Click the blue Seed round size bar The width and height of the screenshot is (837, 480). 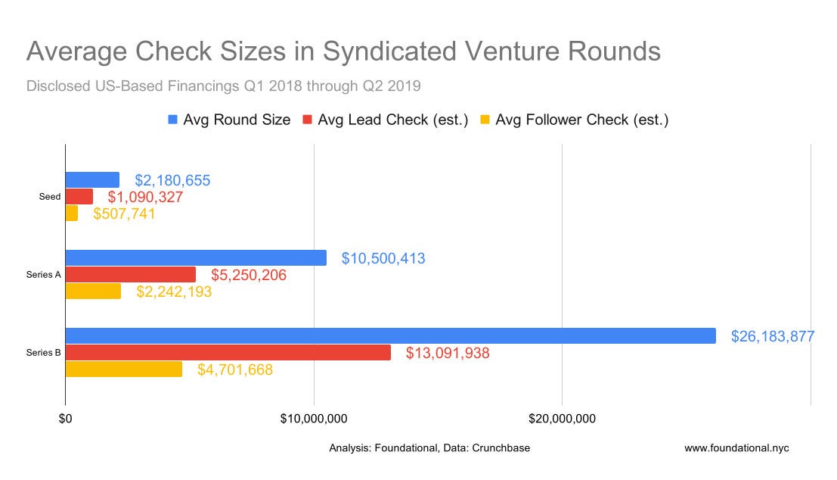(92, 179)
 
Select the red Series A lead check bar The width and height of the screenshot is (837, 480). (130, 275)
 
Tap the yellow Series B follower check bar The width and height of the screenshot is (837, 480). (123, 369)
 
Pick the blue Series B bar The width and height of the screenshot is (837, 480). (390, 335)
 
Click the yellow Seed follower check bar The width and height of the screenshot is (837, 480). (72, 214)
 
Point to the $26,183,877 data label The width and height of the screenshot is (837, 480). (772, 336)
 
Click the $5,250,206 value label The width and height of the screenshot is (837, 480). (248, 275)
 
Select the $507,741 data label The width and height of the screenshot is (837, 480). (124, 214)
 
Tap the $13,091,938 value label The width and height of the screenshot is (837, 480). (448, 353)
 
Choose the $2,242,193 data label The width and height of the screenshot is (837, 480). (174, 291)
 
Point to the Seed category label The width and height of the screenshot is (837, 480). (49, 197)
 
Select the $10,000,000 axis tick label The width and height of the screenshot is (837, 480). (314, 419)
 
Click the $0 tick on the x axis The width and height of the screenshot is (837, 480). (65, 419)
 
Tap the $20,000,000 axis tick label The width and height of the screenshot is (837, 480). (562, 419)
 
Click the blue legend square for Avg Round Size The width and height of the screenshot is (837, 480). (173, 120)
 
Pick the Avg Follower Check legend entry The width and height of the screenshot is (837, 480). (581, 120)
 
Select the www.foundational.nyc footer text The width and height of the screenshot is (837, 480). (736, 447)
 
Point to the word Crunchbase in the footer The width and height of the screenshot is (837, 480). (500, 447)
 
